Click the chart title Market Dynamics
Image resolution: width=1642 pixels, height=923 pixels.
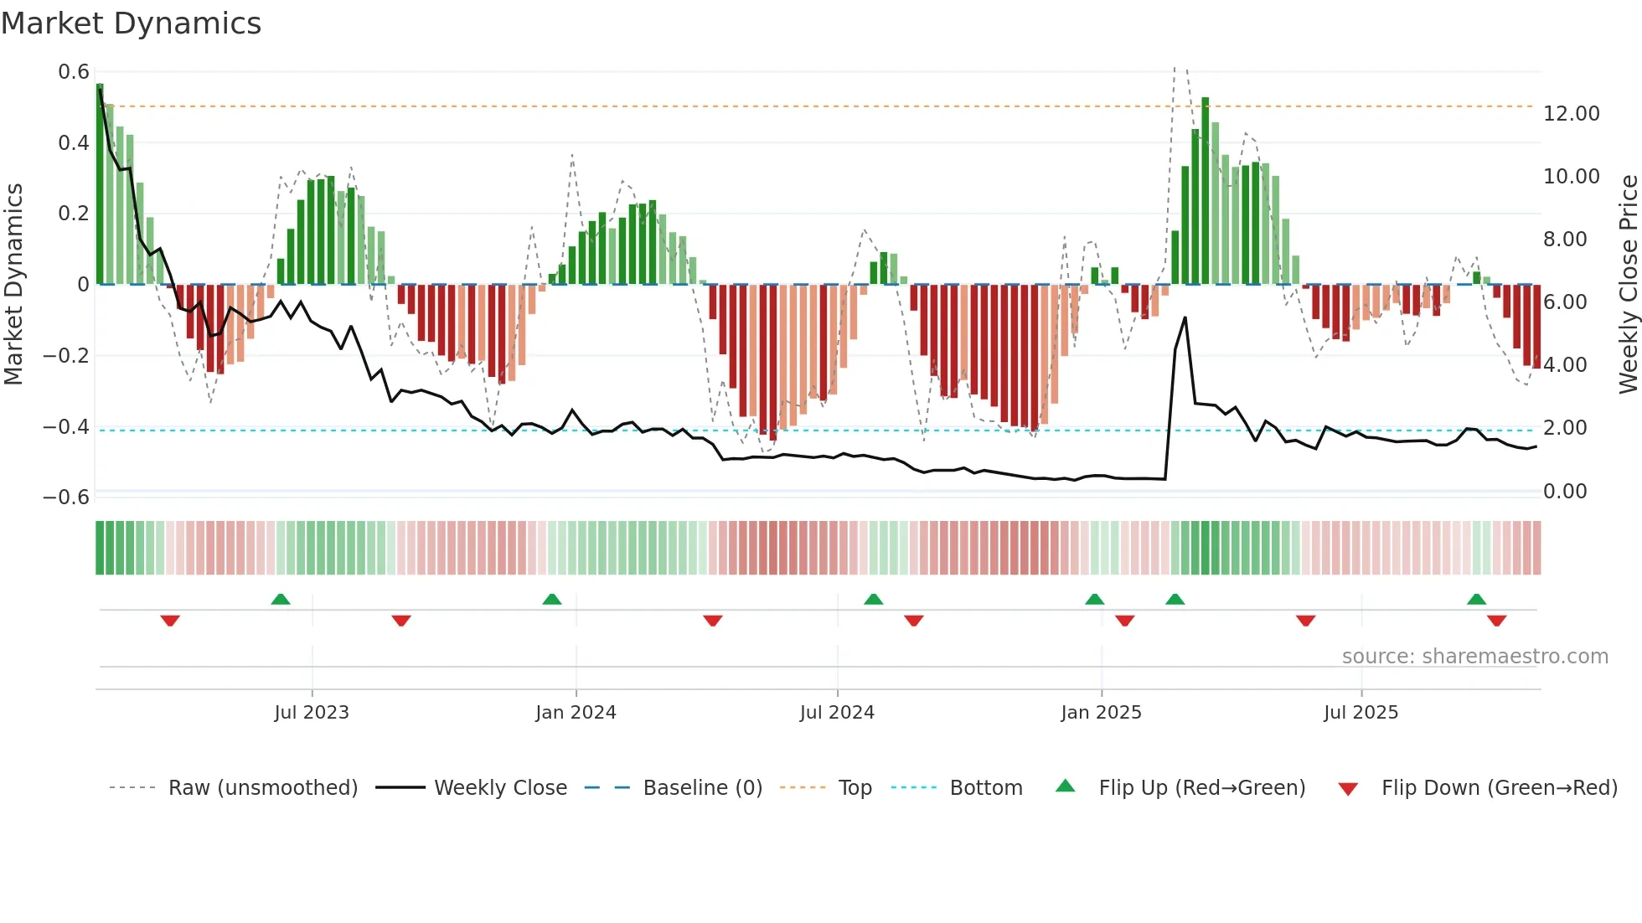click(x=131, y=23)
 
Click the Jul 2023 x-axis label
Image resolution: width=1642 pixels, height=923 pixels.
click(x=312, y=712)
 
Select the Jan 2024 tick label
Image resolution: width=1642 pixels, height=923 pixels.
click(x=576, y=712)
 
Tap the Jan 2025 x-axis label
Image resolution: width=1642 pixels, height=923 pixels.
click(x=1101, y=712)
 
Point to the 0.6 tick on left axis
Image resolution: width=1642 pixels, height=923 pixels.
click(x=74, y=72)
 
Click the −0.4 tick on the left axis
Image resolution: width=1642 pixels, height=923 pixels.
click(x=66, y=426)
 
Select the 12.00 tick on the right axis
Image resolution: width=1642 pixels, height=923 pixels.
click(x=1571, y=113)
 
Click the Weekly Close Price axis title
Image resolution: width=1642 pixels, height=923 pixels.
click(x=1628, y=284)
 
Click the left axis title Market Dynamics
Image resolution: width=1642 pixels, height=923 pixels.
click(x=13, y=284)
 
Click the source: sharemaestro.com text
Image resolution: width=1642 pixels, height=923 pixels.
click(x=1474, y=656)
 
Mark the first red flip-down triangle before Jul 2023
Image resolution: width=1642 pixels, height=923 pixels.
click(x=170, y=621)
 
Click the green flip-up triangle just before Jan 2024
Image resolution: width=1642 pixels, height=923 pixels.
click(x=551, y=599)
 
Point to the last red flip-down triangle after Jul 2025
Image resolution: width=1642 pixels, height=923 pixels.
click(x=1496, y=621)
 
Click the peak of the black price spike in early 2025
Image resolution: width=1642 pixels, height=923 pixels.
click(x=1185, y=317)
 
